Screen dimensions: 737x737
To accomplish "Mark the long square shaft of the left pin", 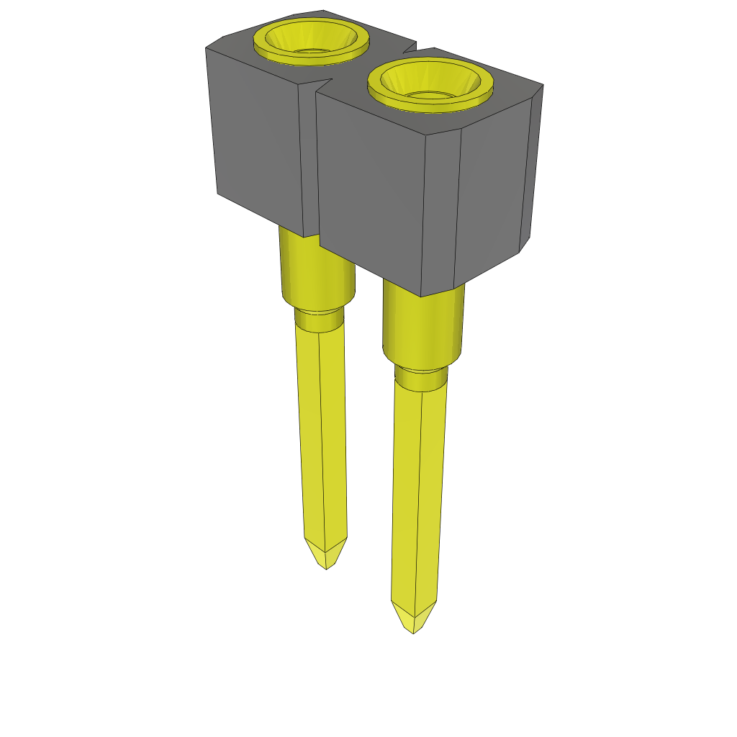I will pyautogui.click(x=322, y=432).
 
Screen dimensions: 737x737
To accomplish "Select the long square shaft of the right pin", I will pyautogui.click(x=417, y=497).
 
